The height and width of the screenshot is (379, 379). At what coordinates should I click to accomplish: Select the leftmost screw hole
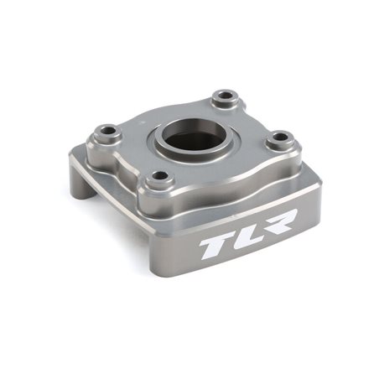pyautogui.click(x=107, y=132)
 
